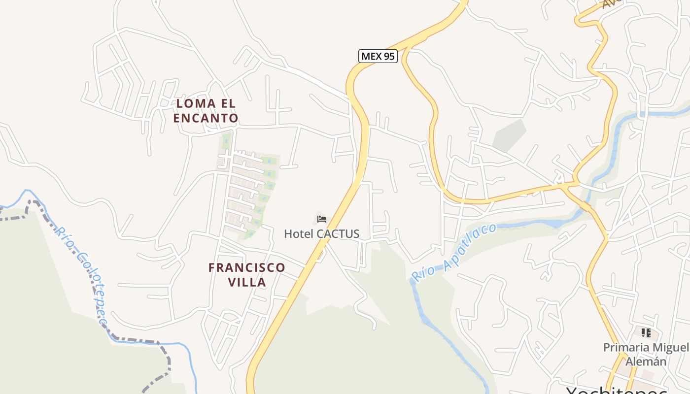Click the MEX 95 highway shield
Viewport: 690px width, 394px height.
pos(378,56)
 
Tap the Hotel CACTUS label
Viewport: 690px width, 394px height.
pos(321,233)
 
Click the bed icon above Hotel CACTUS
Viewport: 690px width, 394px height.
pos(322,219)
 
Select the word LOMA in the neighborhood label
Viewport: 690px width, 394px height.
pos(196,103)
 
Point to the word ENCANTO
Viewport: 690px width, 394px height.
pos(206,118)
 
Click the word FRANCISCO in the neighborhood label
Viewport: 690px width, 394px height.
pos(246,268)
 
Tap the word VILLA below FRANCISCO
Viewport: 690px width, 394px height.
pos(247,282)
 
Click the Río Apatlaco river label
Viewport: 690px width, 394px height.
pos(453,252)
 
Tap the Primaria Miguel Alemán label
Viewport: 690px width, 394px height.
pos(646,354)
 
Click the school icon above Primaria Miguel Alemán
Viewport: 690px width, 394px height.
pos(646,333)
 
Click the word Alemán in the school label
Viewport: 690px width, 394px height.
pos(646,361)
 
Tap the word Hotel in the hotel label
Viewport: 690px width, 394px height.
pos(299,233)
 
